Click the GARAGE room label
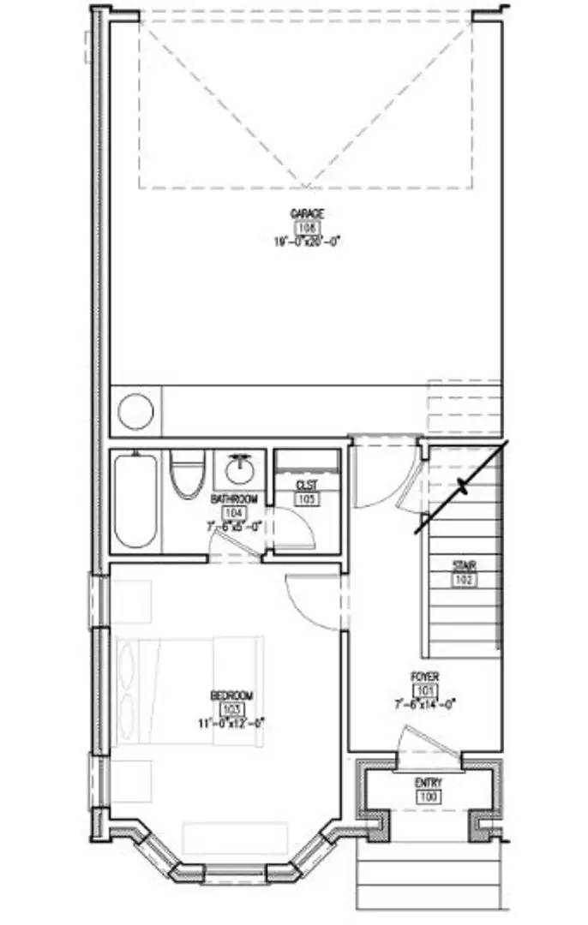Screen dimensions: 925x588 [x=307, y=213]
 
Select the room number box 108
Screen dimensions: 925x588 [x=307, y=228]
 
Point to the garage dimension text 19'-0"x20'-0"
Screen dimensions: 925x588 [x=307, y=242]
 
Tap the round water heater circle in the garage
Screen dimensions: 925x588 [x=135, y=411]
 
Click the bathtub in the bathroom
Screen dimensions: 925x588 [x=135, y=500]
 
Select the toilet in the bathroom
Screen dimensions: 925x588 [x=187, y=474]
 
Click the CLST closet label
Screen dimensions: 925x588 [x=307, y=485]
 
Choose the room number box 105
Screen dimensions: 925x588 [x=307, y=498]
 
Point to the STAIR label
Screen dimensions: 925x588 [x=465, y=565]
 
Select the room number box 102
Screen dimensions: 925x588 [x=465, y=579]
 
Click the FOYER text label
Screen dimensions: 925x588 [x=424, y=677]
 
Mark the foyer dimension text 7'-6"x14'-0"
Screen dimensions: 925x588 [x=424, y=704]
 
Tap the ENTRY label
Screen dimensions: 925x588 [x=429, y=784]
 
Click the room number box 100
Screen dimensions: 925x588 [x=429, y=797]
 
